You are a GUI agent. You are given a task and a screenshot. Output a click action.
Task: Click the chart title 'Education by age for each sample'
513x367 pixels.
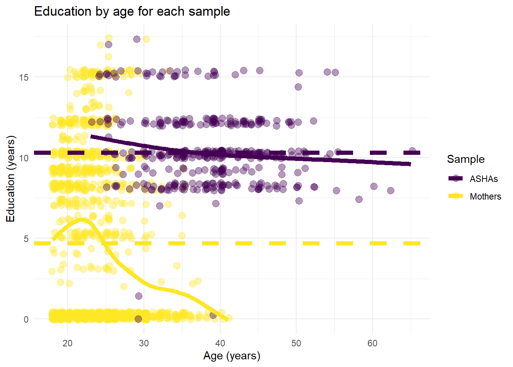[132, 11]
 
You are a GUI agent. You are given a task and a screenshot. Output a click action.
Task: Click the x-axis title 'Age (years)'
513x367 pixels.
[232, 356]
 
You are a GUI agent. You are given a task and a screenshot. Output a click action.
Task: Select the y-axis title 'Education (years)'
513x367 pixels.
[11, 179]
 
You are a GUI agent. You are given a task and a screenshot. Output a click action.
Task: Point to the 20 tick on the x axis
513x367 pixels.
[68, 343]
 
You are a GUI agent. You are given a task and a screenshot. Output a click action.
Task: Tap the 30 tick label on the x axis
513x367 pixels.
[144, 343]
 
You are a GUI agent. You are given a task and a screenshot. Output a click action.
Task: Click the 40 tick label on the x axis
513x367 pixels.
[220, 343]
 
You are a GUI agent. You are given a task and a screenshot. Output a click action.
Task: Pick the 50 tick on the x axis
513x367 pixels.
[296, 343]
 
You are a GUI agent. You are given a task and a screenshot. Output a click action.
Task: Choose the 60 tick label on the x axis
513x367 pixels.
[373, 343]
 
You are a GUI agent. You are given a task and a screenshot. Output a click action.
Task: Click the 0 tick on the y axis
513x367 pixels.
[26, 320]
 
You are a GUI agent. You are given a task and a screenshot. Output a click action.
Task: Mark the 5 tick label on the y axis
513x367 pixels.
[26, 239]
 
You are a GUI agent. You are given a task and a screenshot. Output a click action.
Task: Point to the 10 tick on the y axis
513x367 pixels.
[24, 158]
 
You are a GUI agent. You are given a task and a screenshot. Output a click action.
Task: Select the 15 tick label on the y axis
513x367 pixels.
[24, 77]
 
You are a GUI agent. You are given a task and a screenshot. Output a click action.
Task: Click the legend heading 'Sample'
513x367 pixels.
[466, 159]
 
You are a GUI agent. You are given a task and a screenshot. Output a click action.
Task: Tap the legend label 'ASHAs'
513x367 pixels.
[484, 179]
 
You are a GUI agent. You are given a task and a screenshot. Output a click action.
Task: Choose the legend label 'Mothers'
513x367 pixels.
[485, 196]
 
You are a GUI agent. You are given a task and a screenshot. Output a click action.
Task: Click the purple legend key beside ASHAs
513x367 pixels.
[455, 179]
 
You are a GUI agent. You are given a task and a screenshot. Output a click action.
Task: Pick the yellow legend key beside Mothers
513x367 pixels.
[455, 196]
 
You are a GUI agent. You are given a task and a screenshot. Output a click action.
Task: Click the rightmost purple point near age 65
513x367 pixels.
[412, 151]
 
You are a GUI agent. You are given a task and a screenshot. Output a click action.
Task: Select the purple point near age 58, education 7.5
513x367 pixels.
[359, 199]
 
